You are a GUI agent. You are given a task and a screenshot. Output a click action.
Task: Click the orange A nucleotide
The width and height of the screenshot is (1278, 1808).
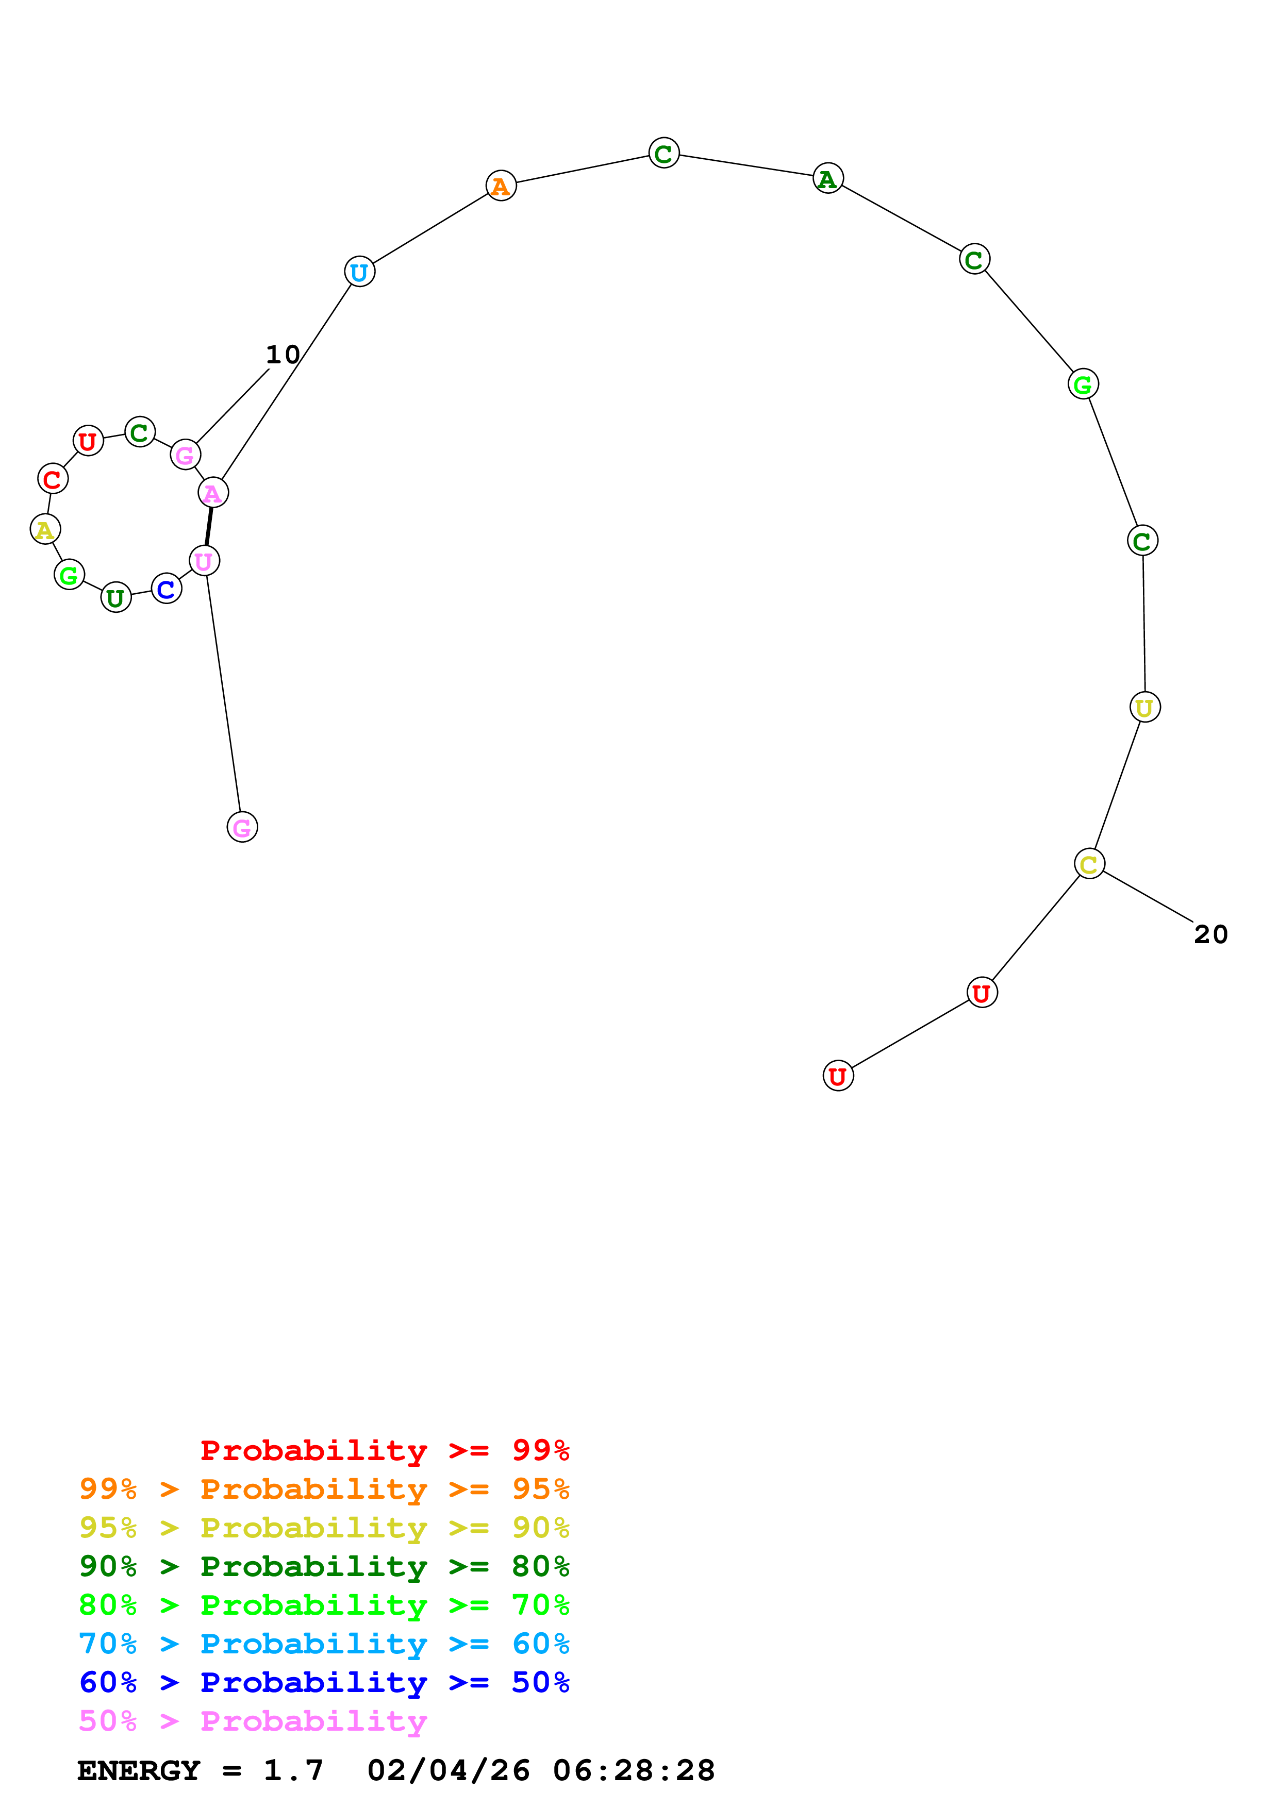pyautogui.click(x=501, y=186)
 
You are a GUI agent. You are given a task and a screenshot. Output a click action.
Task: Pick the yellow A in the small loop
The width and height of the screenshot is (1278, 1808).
pyautogui.click(x=45, y=529)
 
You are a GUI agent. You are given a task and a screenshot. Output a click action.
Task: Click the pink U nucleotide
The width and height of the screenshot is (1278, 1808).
pyautogui.click(x=205, y=561)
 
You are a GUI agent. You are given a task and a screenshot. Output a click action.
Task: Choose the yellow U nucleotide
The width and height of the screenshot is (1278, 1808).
pyautogui.click(x=1144, y=707)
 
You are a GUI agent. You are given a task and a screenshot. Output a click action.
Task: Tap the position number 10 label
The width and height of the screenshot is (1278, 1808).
pyautogui.click(x=283, y=355)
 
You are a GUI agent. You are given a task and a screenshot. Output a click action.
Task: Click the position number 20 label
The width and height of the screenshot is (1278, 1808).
pyautogui.click(x=1210, y=935)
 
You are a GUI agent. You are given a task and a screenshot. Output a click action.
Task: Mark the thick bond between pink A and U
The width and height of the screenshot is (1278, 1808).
pyautogui.click(x=209, y=527)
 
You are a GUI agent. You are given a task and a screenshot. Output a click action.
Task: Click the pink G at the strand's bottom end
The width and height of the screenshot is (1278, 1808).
pyautogui.click(x=242, y=827)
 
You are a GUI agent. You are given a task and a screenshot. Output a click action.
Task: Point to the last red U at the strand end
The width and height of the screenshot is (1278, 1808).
pyautogui.click(x=838, y=1076)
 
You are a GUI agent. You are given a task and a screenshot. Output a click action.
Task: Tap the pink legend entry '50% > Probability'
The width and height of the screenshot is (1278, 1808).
pyautogui.click(x=253, y=1721)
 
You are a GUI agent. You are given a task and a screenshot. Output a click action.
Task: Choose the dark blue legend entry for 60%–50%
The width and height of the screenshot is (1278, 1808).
pyautogui.click(x=324, y=1683)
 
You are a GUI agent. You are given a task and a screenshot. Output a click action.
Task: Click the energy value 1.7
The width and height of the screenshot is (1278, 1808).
pyautogui.click(x=293, y=1771)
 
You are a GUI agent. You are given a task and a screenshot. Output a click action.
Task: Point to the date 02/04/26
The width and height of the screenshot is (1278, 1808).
pyautogui.click(x=448, y=1771)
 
